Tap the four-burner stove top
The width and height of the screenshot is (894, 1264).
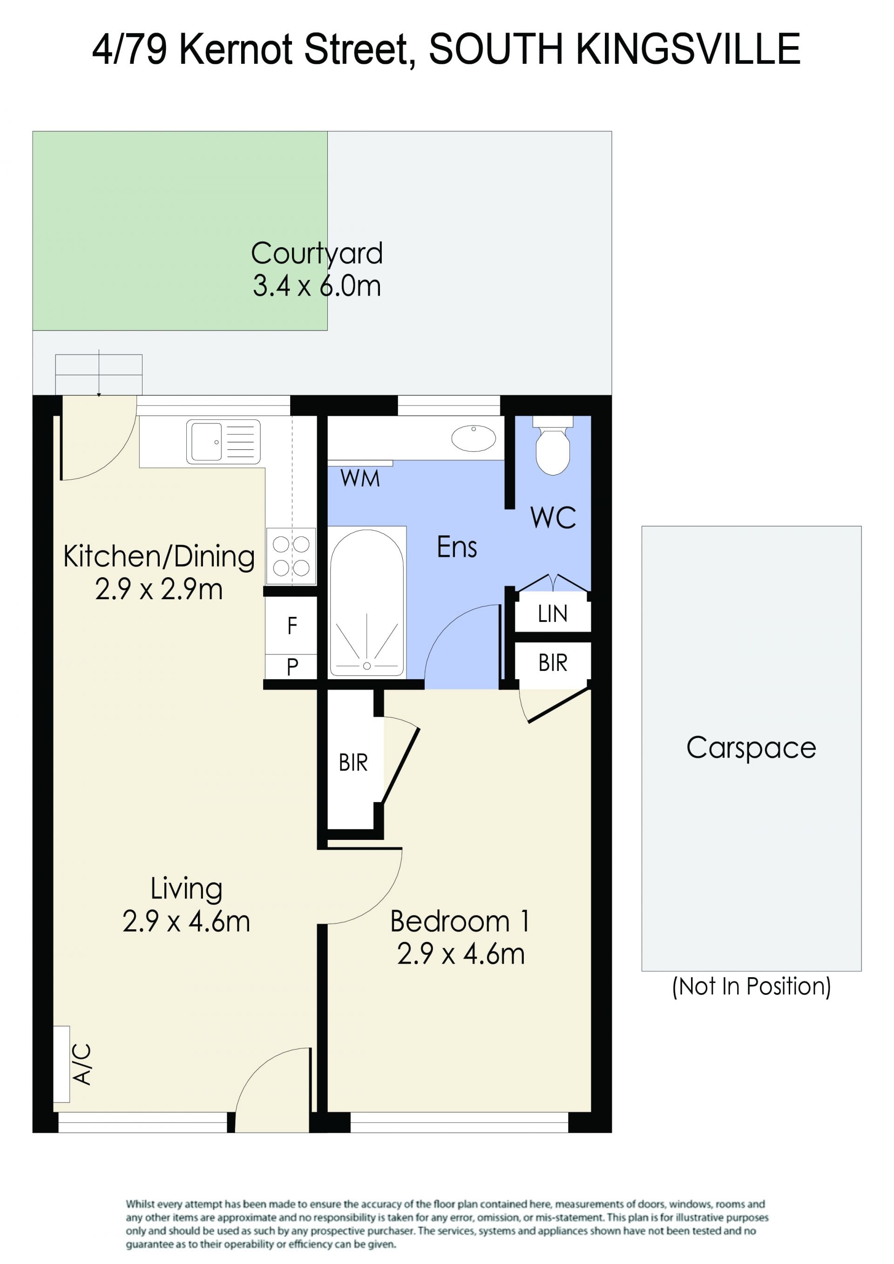(291, 556)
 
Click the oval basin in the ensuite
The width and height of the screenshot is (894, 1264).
(474, 438)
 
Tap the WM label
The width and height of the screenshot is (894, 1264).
(360, 479)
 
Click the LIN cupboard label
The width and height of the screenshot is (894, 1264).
(553, 614)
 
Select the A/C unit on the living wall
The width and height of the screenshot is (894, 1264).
(61, 1064)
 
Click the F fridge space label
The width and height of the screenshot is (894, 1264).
(292, 626)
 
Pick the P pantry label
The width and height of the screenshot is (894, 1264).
(292, 667)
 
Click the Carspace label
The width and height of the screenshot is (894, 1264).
(751, 748)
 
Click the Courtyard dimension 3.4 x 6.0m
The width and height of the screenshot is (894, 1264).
(317, 286)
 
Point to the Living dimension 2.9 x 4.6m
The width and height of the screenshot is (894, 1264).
(186, 921)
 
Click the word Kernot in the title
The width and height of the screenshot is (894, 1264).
(238, 49)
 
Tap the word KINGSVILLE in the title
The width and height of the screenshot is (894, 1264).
(688, 49)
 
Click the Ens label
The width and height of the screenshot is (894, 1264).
(457, 547)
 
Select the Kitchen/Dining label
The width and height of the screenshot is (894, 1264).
(159, 556)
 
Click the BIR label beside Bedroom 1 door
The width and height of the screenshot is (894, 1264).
(353, 763)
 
